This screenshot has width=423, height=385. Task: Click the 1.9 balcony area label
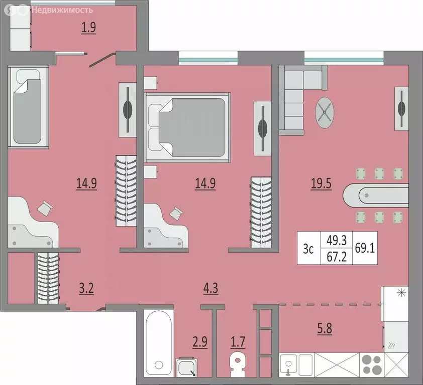[89, 27]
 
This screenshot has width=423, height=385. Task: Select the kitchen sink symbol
[288, 364]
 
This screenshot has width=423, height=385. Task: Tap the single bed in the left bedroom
[29, 107]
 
